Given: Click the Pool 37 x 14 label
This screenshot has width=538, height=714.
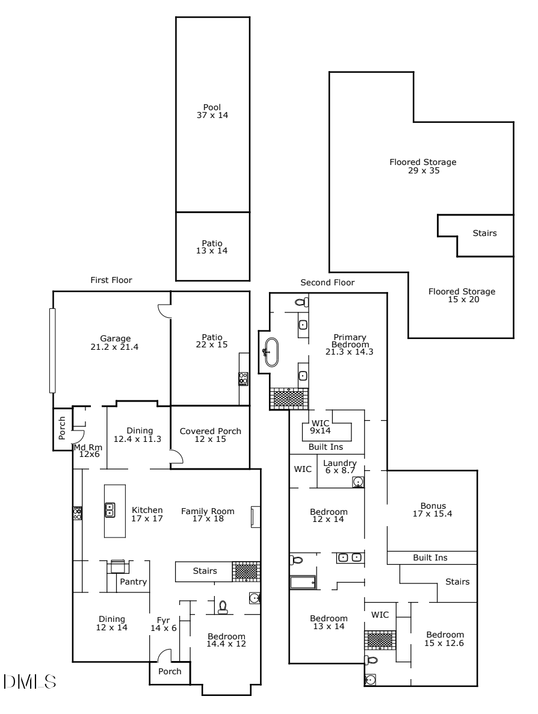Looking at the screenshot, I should (x=212, y=111).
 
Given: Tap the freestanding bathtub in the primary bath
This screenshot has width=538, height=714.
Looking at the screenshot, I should (x=271, y=353).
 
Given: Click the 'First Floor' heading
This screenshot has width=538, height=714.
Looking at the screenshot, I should (x=111, y=280).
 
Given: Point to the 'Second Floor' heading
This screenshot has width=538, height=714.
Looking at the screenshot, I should (x=327, y=282).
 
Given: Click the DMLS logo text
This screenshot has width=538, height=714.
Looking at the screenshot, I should (x=30, y=681).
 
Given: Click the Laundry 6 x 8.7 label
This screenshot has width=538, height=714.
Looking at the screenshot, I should (x=340, y=467).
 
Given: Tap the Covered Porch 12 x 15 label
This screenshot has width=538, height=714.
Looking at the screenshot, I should (x=210, y=435).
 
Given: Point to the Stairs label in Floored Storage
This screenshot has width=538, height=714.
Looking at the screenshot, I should (x=484, y=233).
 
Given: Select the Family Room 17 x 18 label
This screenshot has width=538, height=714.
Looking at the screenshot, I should (x=208, y=515).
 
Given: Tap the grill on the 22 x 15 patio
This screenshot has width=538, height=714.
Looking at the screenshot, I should (x=244, y=379).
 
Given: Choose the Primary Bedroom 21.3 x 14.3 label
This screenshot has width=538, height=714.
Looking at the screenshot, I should (x=354, y=344).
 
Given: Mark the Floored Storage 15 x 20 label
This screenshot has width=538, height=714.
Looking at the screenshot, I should (x=462, y=295).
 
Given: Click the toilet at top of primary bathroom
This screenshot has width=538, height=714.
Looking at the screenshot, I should (x=301, y=302).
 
